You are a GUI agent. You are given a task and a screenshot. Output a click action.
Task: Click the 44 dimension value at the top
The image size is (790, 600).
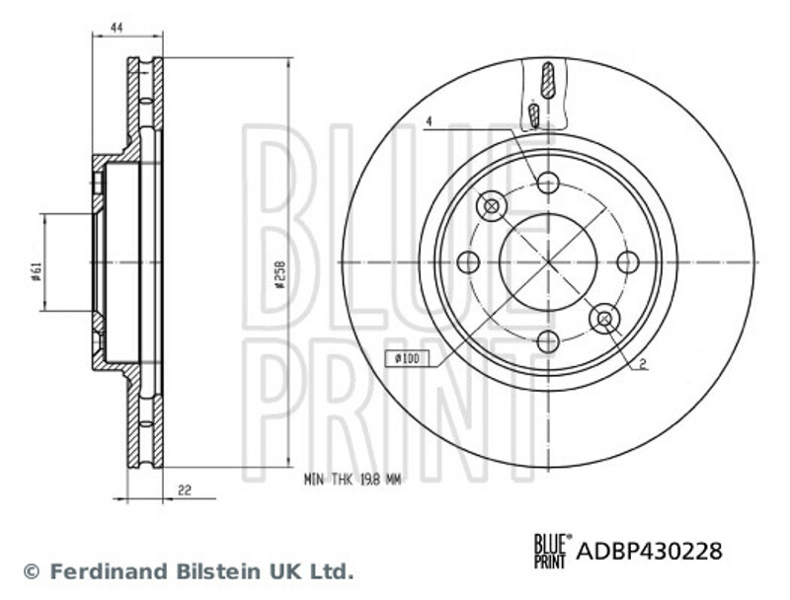point(117,29)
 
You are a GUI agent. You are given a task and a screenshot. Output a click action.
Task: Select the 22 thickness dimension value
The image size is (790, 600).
point(185,489)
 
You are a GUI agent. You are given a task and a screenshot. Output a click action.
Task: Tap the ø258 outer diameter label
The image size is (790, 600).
point(280,273)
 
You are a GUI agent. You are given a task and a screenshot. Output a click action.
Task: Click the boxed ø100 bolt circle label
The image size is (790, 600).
point(408,358)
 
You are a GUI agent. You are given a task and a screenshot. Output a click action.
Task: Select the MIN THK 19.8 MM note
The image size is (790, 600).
point(353,481)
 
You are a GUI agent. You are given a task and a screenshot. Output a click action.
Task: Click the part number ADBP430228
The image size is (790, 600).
point(649,551)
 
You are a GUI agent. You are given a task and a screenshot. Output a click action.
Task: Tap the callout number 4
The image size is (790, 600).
point(430,121)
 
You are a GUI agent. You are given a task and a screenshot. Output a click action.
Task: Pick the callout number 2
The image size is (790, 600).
point(643,364)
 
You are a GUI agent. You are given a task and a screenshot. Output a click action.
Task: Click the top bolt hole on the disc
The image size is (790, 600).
point(548,183)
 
